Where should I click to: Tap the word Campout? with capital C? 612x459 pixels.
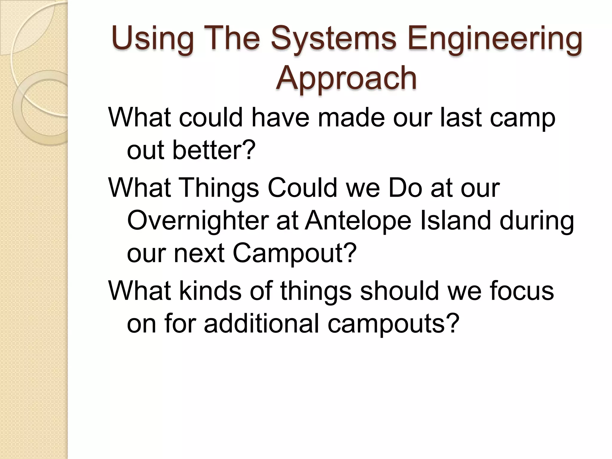click(x=294, y=253)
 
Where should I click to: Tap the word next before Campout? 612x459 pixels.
click(x=199, y=253)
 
